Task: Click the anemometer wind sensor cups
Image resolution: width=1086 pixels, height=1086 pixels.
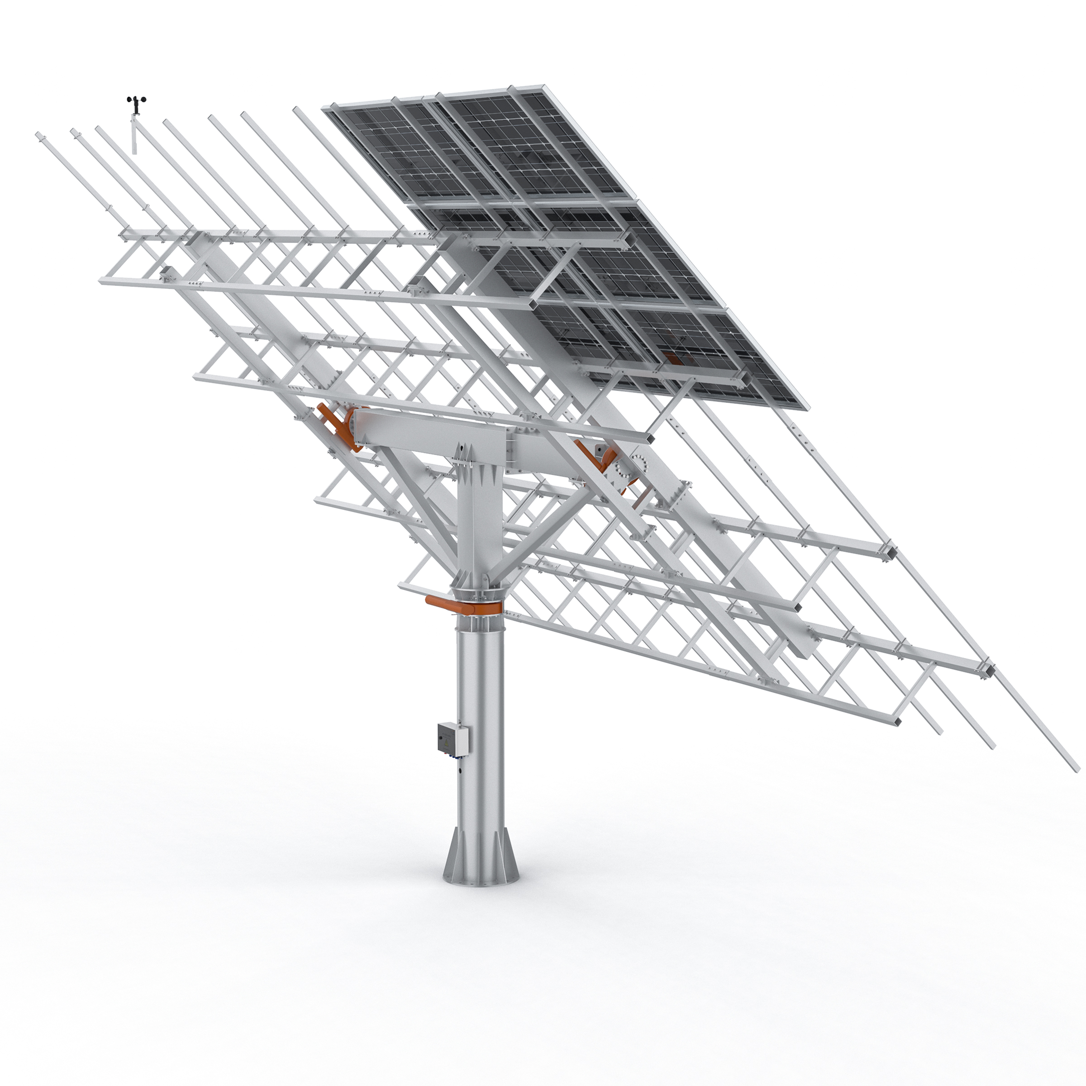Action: (x=136, y=102)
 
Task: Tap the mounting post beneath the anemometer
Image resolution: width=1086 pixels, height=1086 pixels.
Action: (x=134, y=135)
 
